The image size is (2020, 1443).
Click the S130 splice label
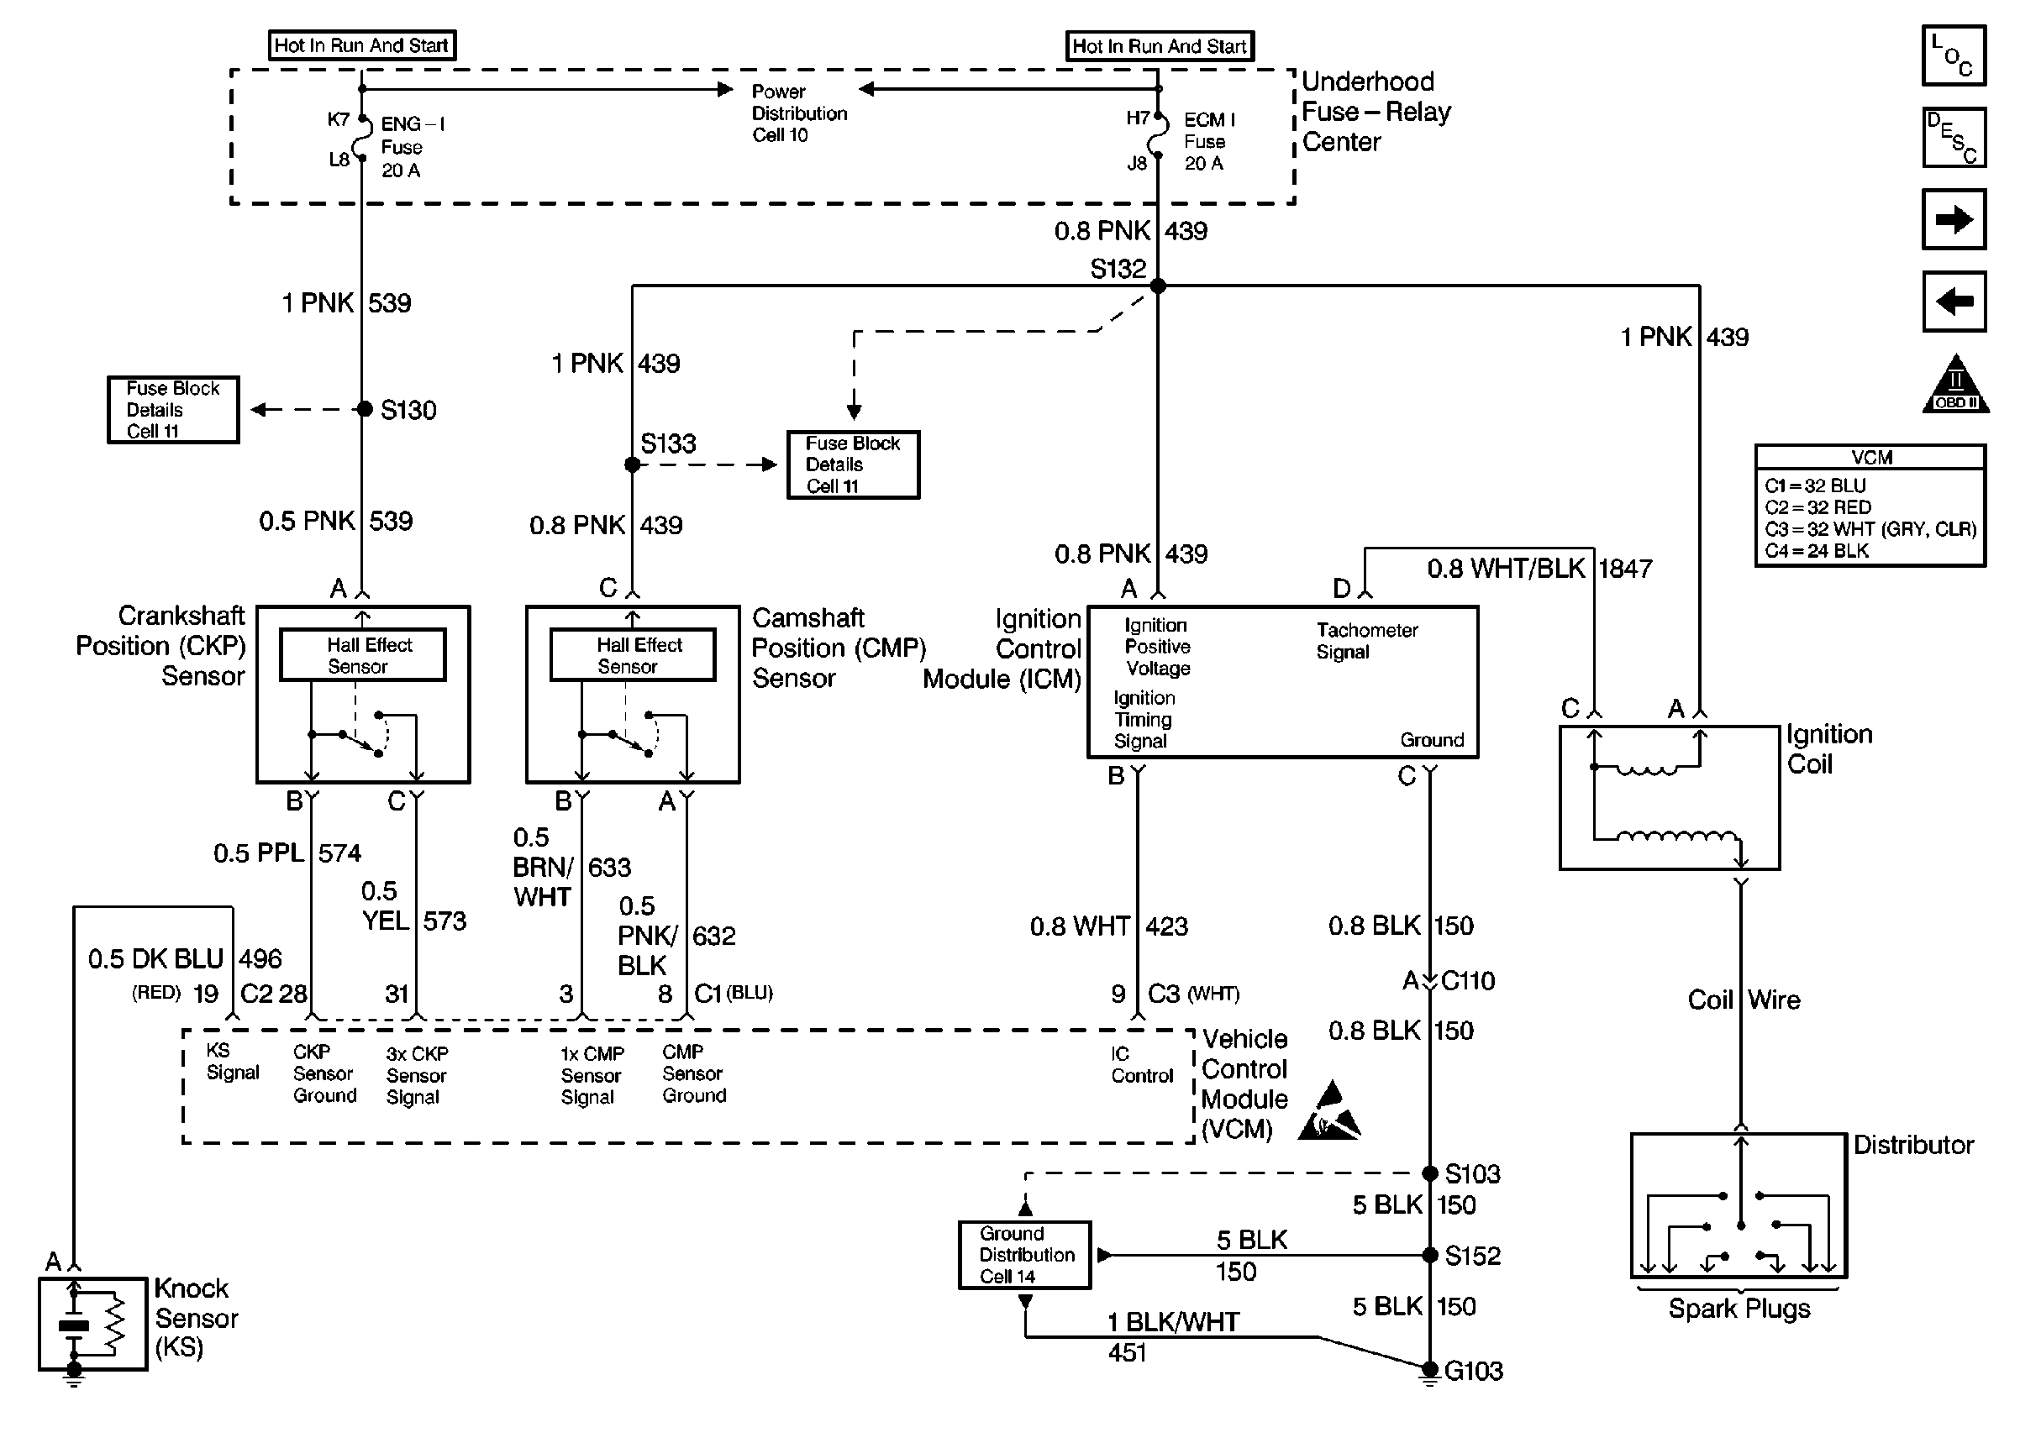[x=408, y=411]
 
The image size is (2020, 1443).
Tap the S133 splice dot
[x=632, y=464]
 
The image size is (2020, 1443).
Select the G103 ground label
[x=1472, y=1371]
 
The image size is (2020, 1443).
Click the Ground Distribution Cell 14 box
[x=1024, y=1255]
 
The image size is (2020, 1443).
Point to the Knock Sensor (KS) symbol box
[x=92, y=1324]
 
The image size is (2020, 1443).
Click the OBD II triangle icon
[x=1955, y=386]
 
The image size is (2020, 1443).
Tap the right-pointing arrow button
[x=1954, y=219]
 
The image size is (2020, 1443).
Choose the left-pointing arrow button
[x=1954, y=302]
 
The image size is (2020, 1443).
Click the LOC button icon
[x=1954, y=56]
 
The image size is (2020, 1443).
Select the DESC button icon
[x=1954, y=138]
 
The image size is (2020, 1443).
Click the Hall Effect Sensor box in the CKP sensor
[x=363, y=656]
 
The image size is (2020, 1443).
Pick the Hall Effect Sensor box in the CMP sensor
[x=633, y=656]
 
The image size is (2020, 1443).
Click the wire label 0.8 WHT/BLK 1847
[x=1539, y=569]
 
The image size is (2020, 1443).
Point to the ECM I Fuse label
[x=1207, y=141]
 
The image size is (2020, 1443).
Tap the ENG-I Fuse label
[x=412, y=147]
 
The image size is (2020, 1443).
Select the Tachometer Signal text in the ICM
[x=1366, y=641]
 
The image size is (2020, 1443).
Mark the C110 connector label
[x=1467, y=981]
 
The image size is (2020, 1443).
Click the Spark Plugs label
[x=1739, y=1309]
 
